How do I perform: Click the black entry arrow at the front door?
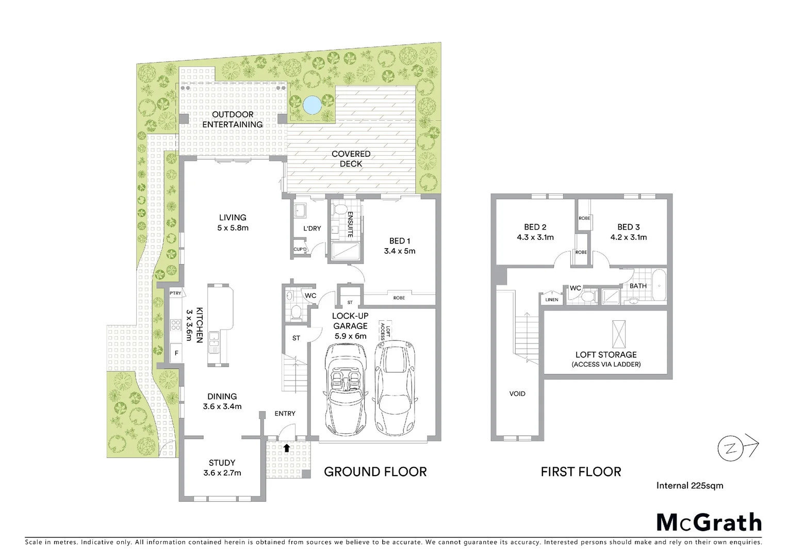pos(286,448)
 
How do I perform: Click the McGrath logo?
pos(709,522)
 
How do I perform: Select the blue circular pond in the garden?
pos(311,105)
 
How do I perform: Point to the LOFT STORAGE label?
pos(606,355)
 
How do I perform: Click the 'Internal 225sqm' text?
pos(689,485)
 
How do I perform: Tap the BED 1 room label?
pos(399,241)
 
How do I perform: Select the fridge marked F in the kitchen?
pos(176,353)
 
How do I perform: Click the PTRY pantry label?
pos(175,293)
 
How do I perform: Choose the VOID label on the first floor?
pos(517,394)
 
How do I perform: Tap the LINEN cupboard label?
pos(551,300)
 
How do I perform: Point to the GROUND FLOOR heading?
pos(375,471)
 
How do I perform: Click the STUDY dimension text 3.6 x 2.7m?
pos(222,472)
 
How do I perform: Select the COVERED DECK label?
pos(351,159)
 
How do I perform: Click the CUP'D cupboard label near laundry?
pos(300,249)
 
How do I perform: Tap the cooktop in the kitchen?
pos(175,325)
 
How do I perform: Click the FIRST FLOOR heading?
pos(581,471)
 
